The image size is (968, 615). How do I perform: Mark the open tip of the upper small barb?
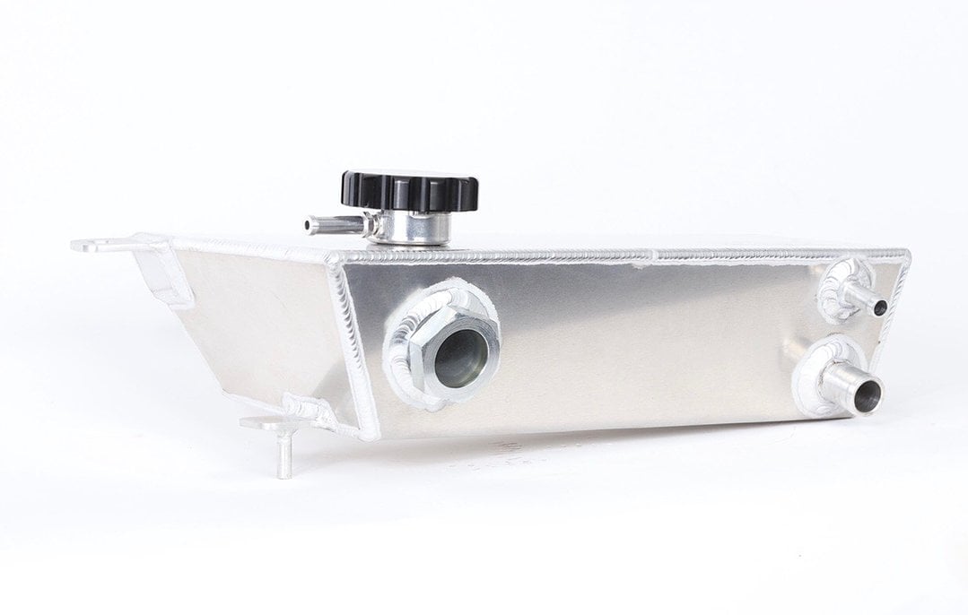pos(879,307)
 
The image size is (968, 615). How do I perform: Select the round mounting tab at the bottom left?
pos(261,421)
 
